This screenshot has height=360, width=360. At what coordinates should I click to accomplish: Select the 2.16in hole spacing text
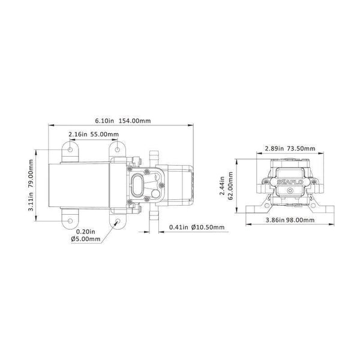79,134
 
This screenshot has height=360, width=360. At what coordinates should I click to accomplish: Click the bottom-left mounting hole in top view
71,221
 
